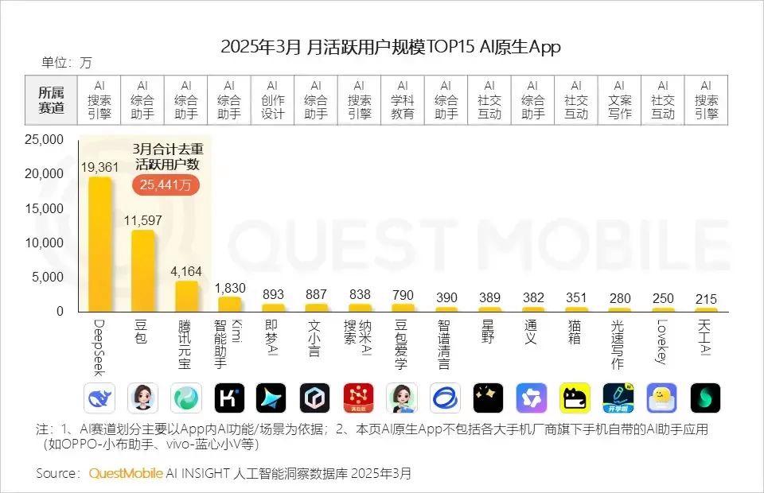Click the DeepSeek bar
pyautogui.click(x=99, y=243)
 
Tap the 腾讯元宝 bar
pyautogui.click(x=186, y=296)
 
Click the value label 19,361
pyautogui.click(x=99, y=167)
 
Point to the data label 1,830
pyautogui.click(x=229, y=288)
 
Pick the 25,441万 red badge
pyautogui.click(x=166, y=184)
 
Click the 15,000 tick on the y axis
pyautogui.click(x=45, y=208)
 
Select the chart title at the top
pyautogui.click(x=390, y=47)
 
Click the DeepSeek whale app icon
pyautogui.click(x=99, y=398)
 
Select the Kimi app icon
pyautogui.click(x=229, y=398)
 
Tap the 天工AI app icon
pyautogui.click(x=706, y=398)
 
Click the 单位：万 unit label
pyautogui.click(x=67, y=62)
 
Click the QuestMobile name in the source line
pyautogui.click(x=126, y=473)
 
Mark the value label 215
pyautogui.click(x=706, y=298)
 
